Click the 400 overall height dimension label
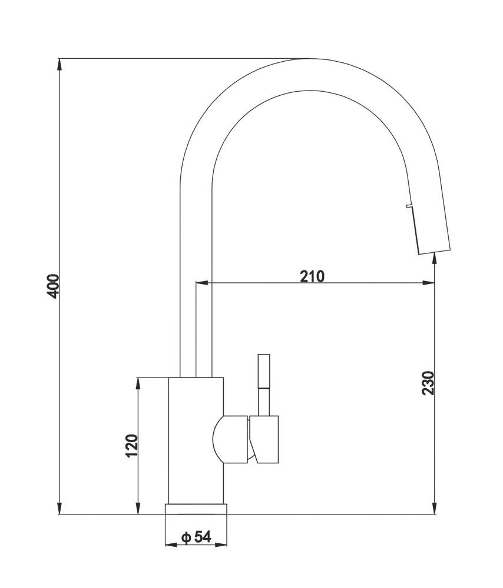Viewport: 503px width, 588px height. tap(54, 286)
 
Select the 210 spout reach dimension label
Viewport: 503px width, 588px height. tap(312, 276)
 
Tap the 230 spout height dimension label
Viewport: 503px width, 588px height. tap(428, 383)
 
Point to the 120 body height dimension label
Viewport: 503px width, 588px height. tap(131, 445)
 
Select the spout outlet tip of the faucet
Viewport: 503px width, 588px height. tap(435, 251)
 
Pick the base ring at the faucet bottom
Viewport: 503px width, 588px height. tap(196, 509)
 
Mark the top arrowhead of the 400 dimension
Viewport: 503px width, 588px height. tap(59, 65)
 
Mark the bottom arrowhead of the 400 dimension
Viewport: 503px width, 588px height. tap(59, 508)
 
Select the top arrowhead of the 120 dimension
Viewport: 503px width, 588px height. tap(138, 383)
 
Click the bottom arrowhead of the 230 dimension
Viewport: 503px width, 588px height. tap(435, 508)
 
